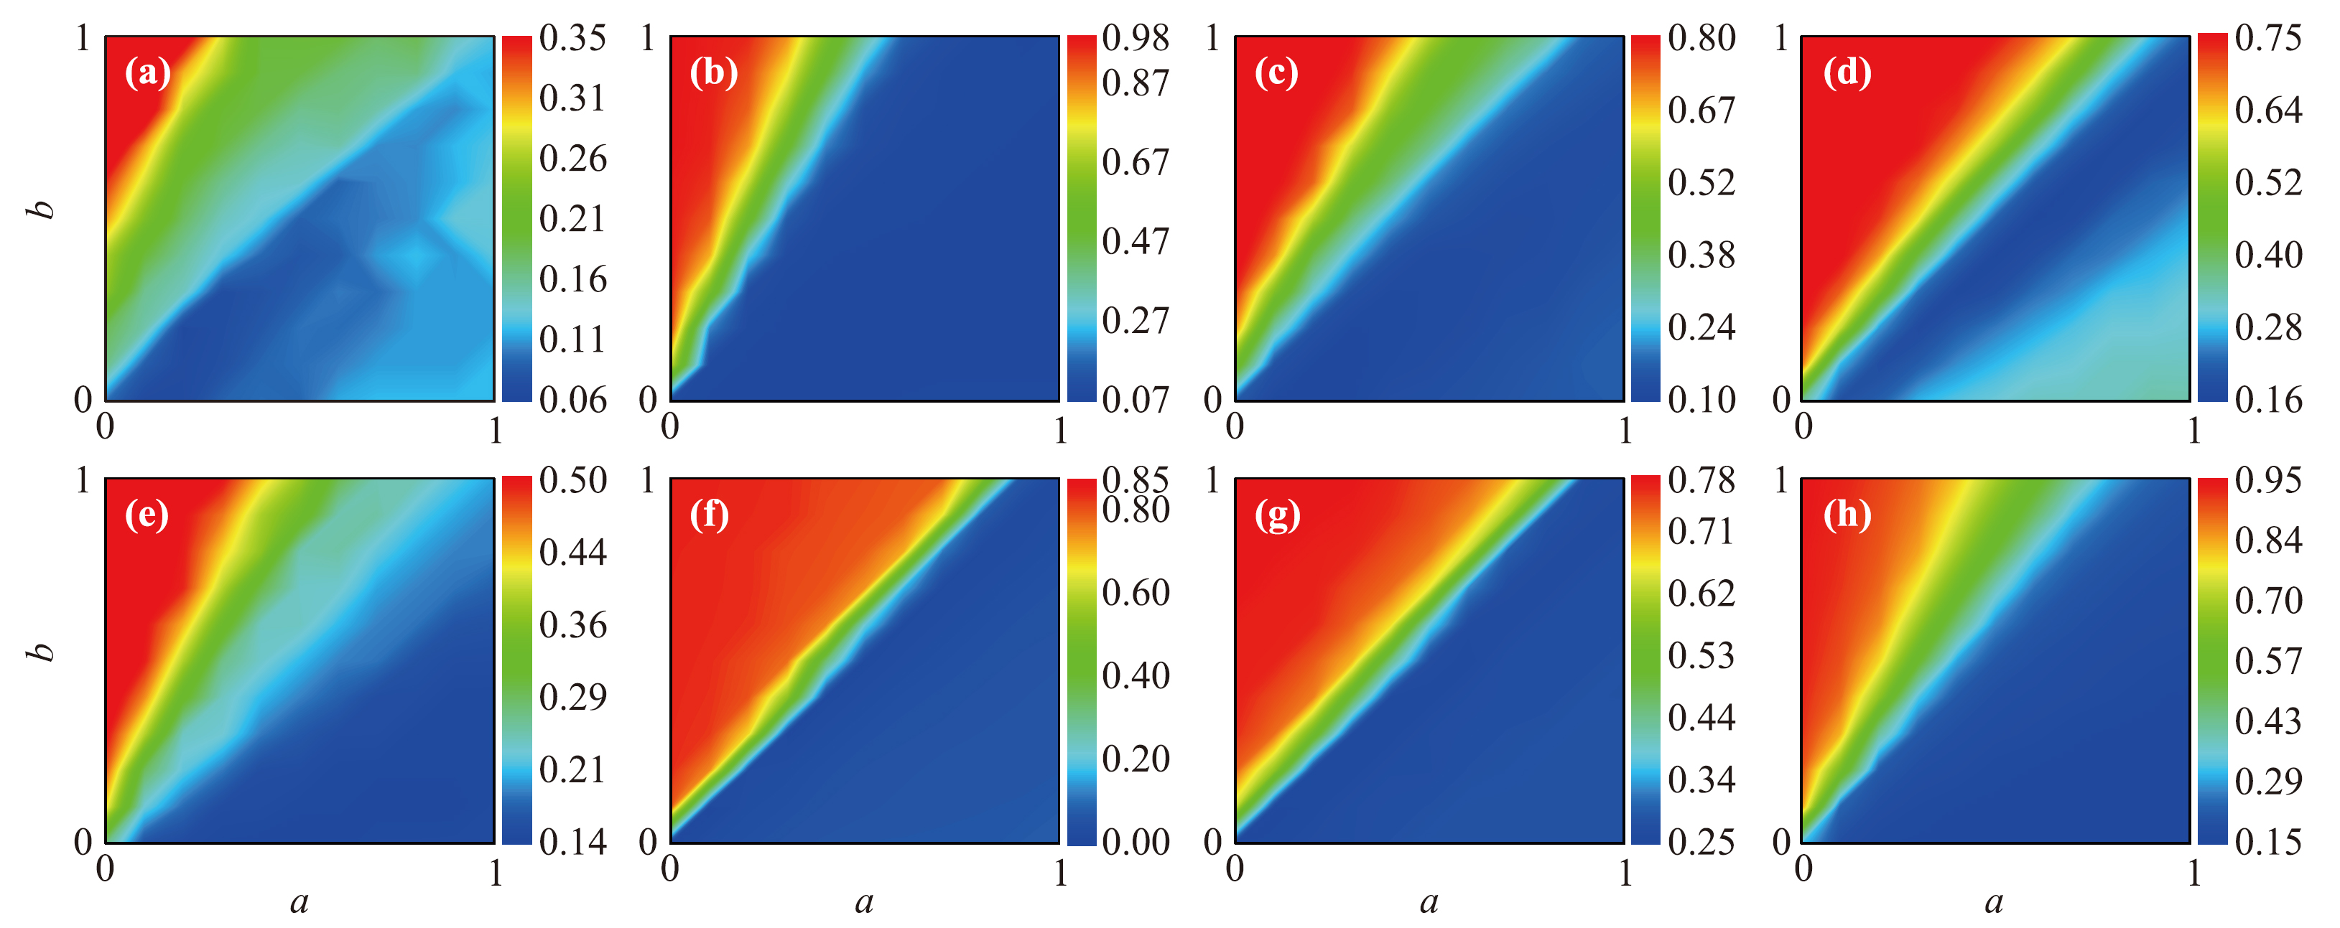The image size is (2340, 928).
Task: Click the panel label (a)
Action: (x=148, y=72)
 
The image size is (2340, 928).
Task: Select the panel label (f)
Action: (x=710, y=515)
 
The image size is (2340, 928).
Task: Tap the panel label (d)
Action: (x=1847, y=72)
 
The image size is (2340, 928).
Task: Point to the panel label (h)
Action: (x=1847, y=515)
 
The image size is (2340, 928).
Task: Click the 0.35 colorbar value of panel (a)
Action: (x=572, y=38)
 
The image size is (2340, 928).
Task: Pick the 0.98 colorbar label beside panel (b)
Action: (x=1136, y=38)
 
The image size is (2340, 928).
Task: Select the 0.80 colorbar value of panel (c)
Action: (x=1701, y=38)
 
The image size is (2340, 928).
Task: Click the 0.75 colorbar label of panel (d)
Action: (x=2268, y=38)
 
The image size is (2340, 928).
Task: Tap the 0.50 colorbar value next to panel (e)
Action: (x=572, y=480)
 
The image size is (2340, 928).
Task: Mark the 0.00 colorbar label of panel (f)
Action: (x=1136, y=842)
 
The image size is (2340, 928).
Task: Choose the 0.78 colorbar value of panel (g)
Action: (x=1701, y=480)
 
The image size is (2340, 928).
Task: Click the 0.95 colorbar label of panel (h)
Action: (x=2268, y=480)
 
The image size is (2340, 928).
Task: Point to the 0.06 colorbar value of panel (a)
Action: (x=572, y=400)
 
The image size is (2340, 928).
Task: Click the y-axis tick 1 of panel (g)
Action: (x=1212, y=480)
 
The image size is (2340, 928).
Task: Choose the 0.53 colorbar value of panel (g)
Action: (x=1701, y=655)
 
